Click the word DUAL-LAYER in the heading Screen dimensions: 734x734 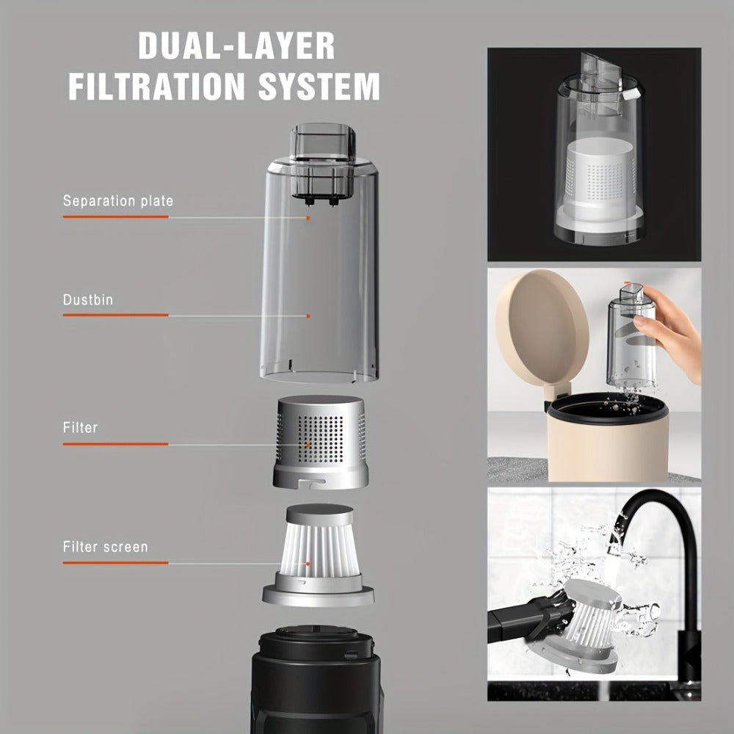(236, 46)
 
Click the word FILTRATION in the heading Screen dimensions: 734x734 (157, 86)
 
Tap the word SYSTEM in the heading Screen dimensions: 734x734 (319, 86)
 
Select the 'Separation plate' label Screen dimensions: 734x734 (118, 201)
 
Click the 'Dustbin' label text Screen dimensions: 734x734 (88, 299)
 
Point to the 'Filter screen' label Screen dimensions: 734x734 (105, 547)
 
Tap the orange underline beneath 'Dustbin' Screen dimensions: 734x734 (116, 315)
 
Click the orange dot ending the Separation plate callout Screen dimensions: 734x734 (308, 218)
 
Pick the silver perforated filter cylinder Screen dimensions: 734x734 (321, 442)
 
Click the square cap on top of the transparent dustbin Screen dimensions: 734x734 (322, 142)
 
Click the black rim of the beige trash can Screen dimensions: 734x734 (608, 407)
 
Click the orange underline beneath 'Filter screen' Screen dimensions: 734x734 (116, 563)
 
